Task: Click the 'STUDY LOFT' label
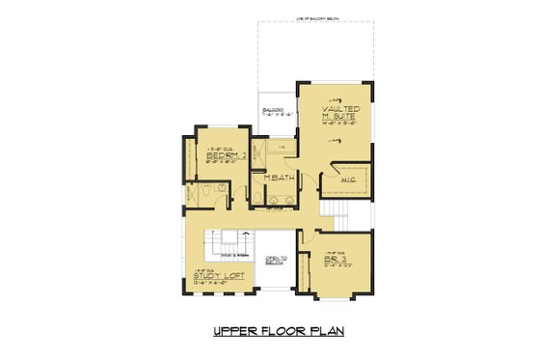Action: [x=217, y=276]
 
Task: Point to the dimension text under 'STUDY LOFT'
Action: [x=217, y=284]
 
